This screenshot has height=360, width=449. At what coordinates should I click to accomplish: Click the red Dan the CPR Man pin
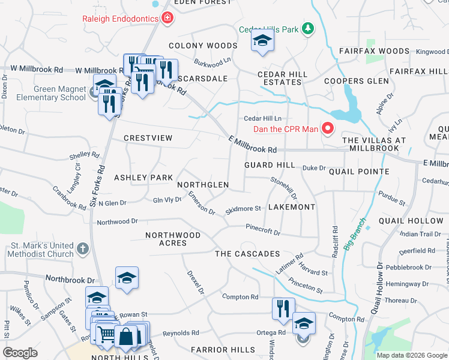[x=328, y=128]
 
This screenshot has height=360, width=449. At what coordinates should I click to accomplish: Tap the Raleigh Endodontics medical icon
[x=167, y=18]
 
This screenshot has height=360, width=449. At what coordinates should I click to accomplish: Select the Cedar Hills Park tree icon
[x=307, y=29]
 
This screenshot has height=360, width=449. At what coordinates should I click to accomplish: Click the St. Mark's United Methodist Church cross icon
[x=83, y=247]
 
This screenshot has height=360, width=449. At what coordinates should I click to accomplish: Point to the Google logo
[x=20, y=353]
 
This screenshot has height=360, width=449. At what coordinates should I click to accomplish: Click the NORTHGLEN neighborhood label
[x=203, y=185]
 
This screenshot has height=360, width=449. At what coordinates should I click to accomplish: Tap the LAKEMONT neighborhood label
[x=291, y=207]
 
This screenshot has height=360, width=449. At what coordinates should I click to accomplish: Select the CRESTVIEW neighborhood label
[x=148, y=138]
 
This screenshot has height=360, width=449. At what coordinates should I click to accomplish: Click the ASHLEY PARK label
[x=143, y=178]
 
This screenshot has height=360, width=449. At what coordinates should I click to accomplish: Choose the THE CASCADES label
[x=248, y=254]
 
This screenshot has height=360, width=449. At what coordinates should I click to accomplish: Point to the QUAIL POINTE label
[x=359, y=172]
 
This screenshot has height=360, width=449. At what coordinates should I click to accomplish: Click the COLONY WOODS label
[x=203, y=46]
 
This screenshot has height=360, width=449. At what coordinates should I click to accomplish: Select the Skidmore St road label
[x=243, y=210]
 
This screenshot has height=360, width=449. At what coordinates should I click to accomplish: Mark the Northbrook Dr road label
[x=70, y=280]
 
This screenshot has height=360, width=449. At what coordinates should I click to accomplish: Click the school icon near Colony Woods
[x=262, y=41]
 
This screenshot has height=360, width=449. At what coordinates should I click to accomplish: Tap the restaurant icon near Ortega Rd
[x=283, y=308]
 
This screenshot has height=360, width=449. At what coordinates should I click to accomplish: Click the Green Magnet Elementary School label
[x=51, y=93]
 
